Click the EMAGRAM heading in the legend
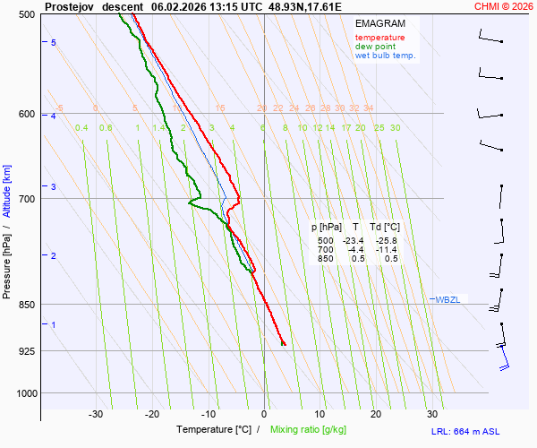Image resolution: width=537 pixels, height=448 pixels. (x=379, y=23)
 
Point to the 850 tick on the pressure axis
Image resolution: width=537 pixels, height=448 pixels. (x=25, y=305)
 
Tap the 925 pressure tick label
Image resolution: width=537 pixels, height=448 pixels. (x=25, y=350)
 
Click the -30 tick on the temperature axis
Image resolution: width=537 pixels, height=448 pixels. (x=96, y=414)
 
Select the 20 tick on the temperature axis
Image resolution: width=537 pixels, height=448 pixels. (x=376, y=414)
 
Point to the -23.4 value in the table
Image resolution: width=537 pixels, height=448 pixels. (x=355, y=241)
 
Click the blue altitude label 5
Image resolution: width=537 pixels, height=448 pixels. (x=54, y=43)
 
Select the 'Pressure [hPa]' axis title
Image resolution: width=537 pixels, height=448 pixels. (x=7, y=265)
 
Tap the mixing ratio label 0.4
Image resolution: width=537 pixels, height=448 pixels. (x=81, y=128)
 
